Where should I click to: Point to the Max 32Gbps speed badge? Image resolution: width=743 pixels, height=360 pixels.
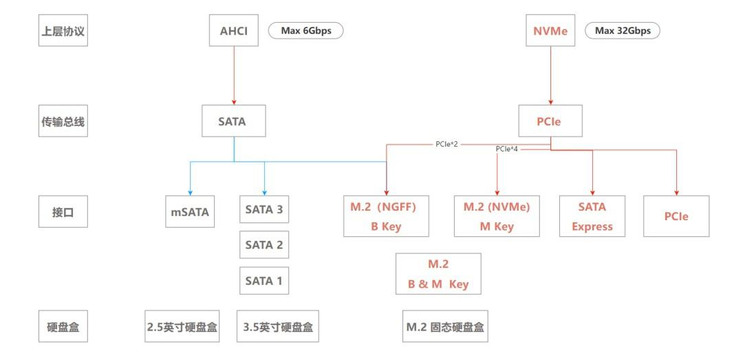pyautogui.click(x=622, y=31)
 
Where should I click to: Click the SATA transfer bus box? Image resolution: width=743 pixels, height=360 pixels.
pyautogui.click(x=233, y=122)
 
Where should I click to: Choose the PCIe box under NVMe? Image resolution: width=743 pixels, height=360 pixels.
pyautogui.click(x=550, y=122)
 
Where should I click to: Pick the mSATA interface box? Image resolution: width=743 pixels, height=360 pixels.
pyautogui.click(x=190, y=213)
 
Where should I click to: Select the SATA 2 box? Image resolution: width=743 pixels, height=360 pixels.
pyautogui.click(x=264, y=244)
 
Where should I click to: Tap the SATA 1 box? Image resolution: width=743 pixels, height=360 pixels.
pyautogui.click(x=264, y=280)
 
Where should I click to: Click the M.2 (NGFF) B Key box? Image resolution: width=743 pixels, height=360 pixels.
pyautogui.click(x=387, y=216)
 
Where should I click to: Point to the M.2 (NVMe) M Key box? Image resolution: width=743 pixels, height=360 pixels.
pyautogui.click(x=497, y=216)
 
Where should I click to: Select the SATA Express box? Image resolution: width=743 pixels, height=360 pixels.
pyautogui.click(x=592, y=216)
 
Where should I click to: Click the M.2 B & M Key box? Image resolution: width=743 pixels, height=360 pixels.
pyautogui.click(x=438, y=273)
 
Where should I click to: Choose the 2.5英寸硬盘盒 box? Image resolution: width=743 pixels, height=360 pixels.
pyautogui.click(x=182, y=328)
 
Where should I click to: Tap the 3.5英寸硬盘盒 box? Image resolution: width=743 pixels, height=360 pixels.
pyautogui.click(x=278, y=328)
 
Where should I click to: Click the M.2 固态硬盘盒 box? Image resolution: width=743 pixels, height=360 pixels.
pyautogui.click(x=445, y=328)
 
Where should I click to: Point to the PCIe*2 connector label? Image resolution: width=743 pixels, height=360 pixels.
pyautogui.click(x=447, y=145)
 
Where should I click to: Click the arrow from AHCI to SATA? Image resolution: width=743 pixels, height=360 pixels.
pyautogui.click(x=234, y=76)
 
